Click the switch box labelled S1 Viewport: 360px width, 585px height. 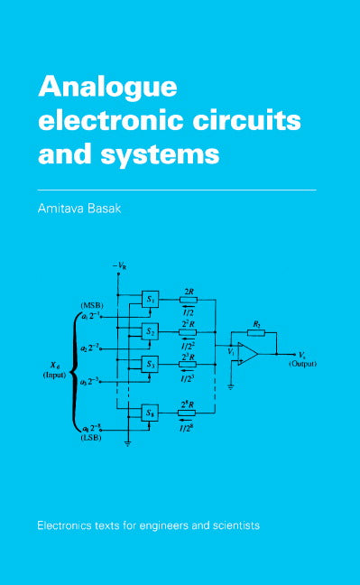(x=152, y=299)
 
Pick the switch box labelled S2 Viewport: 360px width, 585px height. (x=152, y=331)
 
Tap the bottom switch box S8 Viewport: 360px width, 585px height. (x=152, y=413)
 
